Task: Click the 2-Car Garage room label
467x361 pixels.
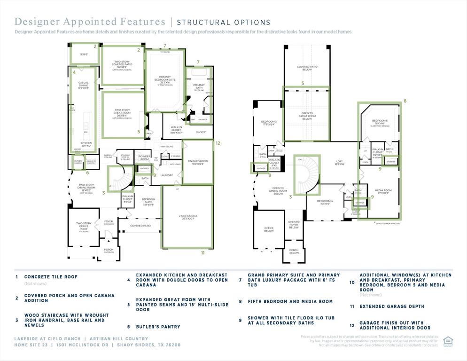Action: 187,217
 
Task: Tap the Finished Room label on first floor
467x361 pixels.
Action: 198,162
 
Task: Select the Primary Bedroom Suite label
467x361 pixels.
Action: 164,80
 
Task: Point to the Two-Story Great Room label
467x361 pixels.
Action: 121,113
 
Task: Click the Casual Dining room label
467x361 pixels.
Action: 83,85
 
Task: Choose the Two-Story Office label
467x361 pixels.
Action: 84,227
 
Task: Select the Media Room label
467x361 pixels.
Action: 383,191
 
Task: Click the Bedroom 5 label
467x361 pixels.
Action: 380,122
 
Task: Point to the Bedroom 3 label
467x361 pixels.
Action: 269,123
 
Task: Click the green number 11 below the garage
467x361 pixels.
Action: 203,253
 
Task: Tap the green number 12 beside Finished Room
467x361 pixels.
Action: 218,143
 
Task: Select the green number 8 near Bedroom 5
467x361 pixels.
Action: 405,101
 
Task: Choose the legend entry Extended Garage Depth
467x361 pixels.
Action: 391,306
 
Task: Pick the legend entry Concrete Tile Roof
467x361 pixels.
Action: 51,277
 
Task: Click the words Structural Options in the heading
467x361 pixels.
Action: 223,22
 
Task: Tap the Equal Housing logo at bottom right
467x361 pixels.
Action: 448,341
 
